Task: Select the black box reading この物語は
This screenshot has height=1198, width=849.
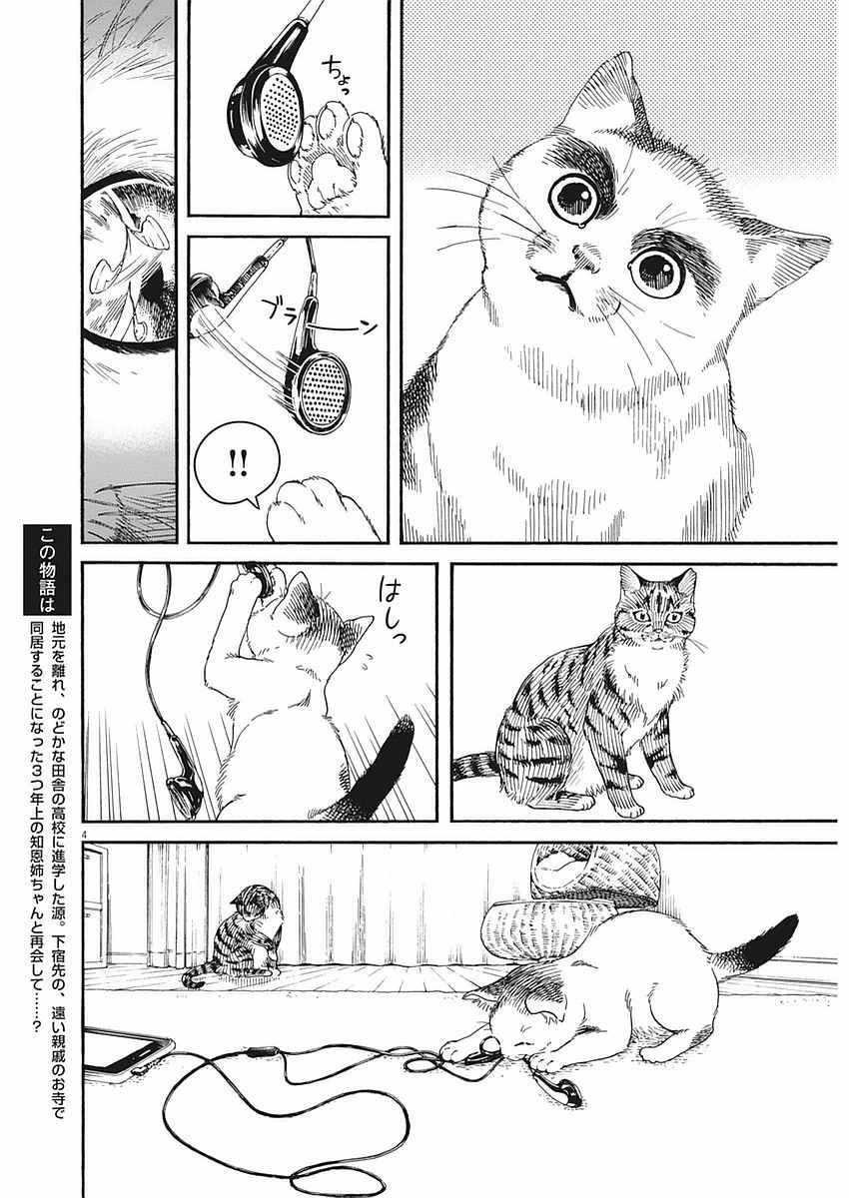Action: pos(47,569)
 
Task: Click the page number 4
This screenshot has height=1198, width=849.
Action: pos(85,833)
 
